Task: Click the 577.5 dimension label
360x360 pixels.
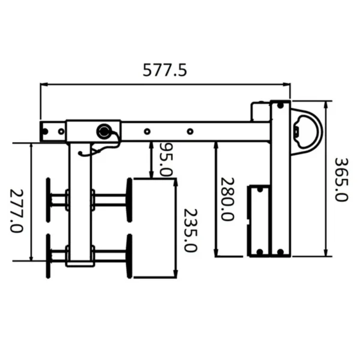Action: coord(165,70)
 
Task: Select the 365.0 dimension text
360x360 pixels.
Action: coord(341,179)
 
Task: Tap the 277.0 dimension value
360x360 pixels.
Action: coord(17,211)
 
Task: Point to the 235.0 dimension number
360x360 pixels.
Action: coord(191,230)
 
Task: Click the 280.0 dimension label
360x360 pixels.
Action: coord(227,199)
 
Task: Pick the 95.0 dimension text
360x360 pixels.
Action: coord(166,160)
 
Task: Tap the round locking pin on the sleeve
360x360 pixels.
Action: coord(104,131)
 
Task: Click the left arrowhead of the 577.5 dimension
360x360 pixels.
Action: coord(43,85)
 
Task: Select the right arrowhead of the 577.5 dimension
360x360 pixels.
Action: coord(287,85)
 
